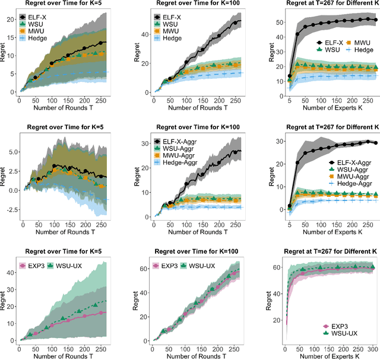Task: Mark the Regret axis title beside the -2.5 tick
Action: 4,175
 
